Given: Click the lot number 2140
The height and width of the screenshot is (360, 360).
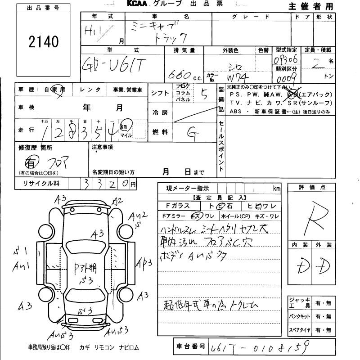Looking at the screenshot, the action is pyautogui.click(x=44, y=42).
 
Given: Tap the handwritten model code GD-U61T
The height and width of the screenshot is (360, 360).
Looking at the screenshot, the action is pyautogui.click(x=113, y=66).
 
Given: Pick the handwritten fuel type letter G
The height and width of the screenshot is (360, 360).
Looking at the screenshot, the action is pyautogui.click(x=192, y=132).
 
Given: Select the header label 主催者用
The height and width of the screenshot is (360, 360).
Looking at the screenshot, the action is pyautogui.click(x=310, y=6).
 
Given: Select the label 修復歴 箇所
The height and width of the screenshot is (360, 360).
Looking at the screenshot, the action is pyautogui.click(x=36, y=147).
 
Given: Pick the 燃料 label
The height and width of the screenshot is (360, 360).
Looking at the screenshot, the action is pyautogui.click(x=161, y=132).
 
